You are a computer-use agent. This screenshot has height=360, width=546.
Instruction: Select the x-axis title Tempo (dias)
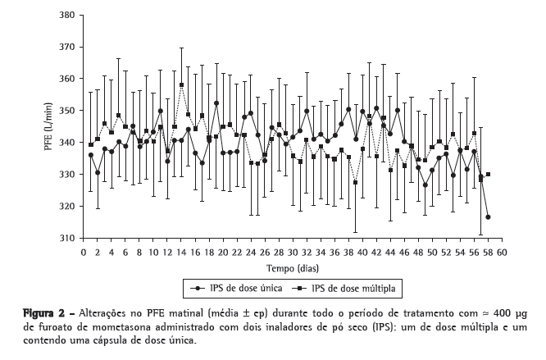[292, 268]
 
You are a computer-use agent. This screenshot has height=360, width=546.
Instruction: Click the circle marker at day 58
[488, 217]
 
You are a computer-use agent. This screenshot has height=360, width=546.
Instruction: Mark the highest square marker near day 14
[181, 85]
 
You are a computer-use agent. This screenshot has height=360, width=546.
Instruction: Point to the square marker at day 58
[488, 175]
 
